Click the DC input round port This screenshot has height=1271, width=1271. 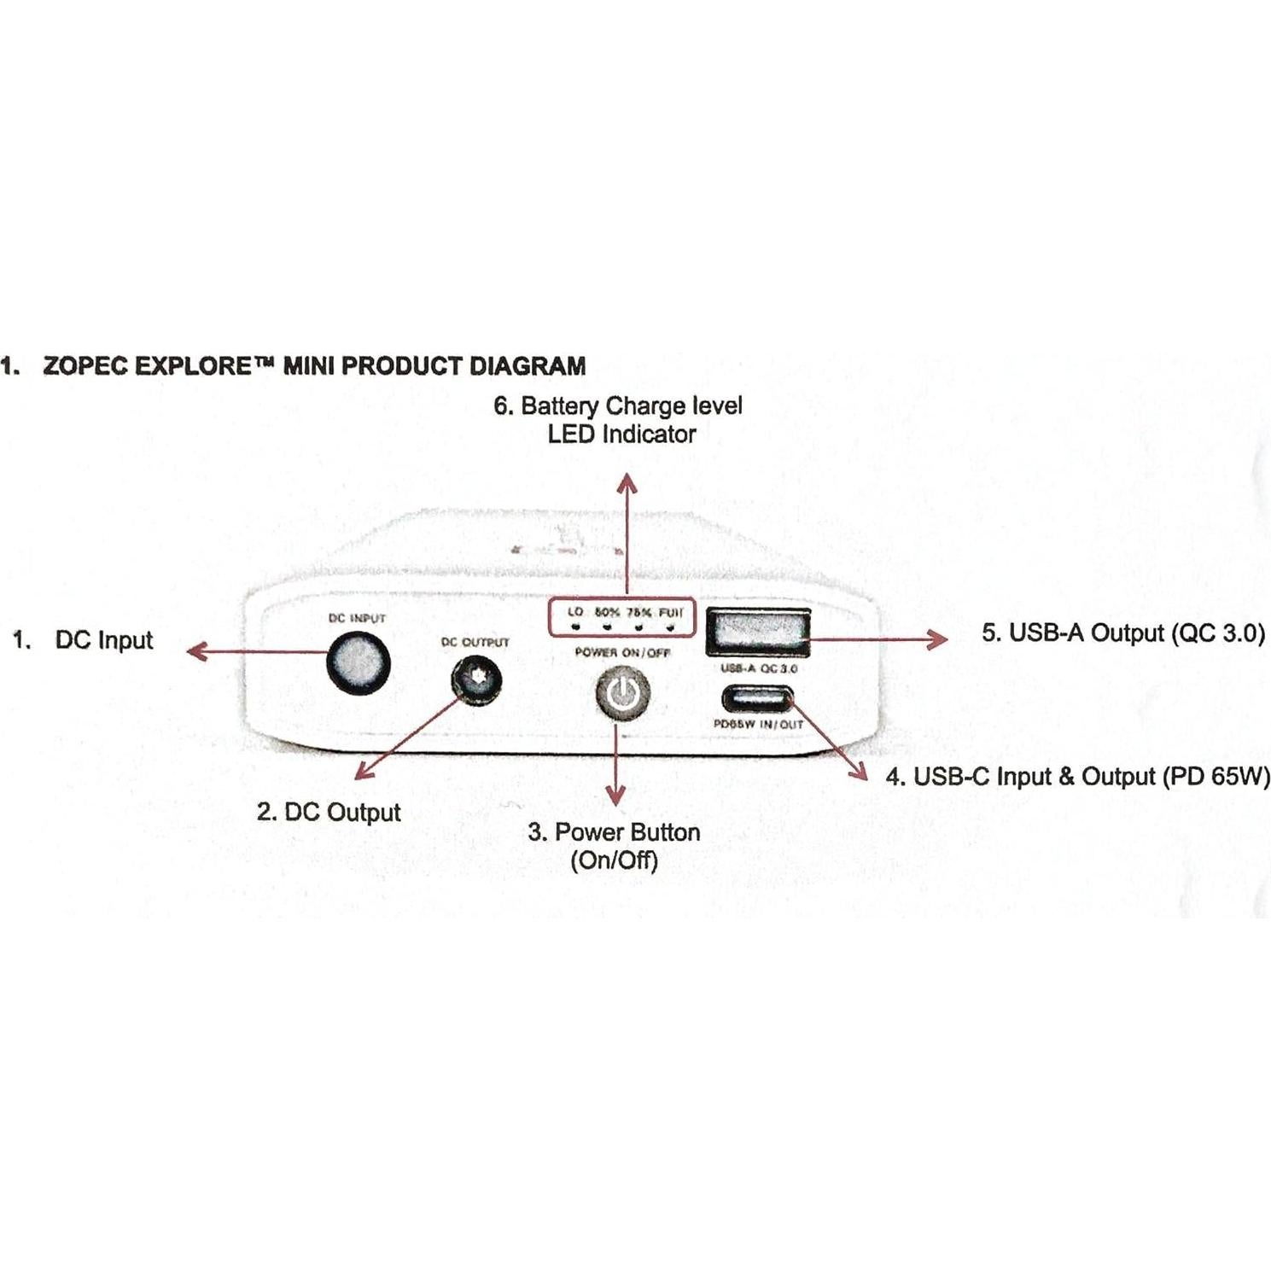point(359,662)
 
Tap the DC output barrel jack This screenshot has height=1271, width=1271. point(476,681)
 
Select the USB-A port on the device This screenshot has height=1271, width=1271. point(757,632)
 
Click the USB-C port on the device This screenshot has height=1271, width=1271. point(757,700)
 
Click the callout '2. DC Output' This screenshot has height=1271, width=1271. point(329,812)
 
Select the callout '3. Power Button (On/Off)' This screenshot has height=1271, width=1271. point(615,845)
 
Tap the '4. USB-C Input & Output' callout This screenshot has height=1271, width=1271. point(1077,777)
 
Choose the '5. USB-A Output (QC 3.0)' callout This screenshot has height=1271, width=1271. point(1122,633)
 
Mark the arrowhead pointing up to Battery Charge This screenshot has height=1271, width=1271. point(627,483)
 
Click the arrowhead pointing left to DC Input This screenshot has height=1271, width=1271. point(196,652)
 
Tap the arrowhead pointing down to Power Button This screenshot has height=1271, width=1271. point(615,796)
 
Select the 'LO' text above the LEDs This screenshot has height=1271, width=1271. point(575,612)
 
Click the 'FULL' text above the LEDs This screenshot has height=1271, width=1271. point(671,612)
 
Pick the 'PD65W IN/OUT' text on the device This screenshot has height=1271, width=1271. point(758,725)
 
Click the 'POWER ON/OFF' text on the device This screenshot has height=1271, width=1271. point(622,653)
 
